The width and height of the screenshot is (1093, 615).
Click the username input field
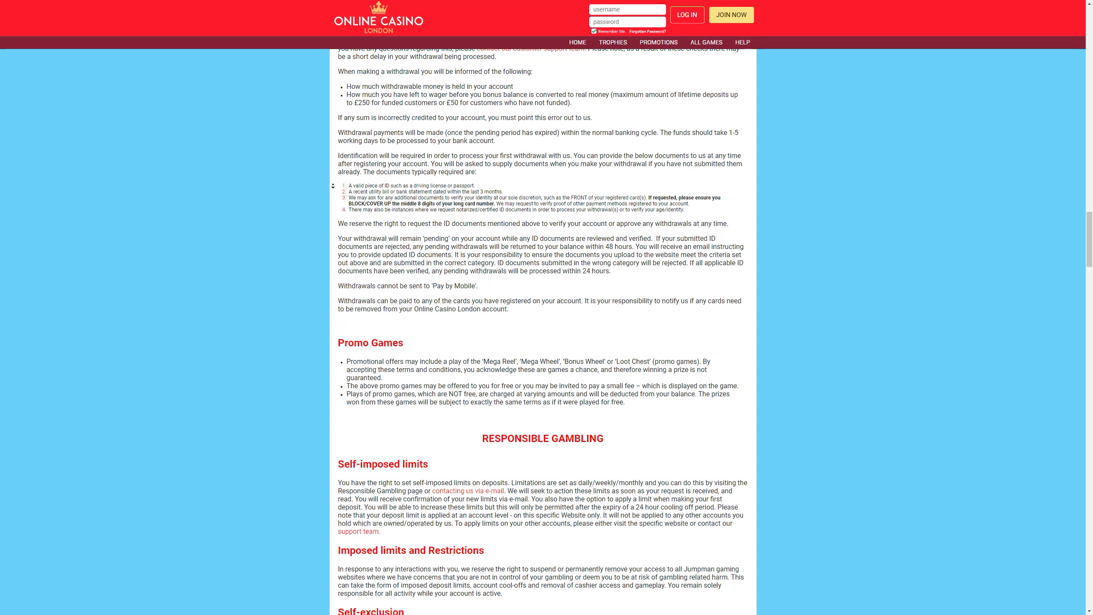[627, 9]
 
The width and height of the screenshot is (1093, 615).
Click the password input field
[627, 22]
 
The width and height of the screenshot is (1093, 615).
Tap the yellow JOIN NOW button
[731, 15]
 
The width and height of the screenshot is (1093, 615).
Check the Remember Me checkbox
[593, 31]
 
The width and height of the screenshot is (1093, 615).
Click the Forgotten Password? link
[647, 32]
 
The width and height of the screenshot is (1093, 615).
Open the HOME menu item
[577, 42]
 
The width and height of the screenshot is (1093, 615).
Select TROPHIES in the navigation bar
[613, 42]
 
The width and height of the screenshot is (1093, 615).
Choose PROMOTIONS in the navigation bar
[658, 42]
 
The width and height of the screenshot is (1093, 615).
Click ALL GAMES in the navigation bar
[706, 42]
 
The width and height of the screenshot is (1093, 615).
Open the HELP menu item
[742, 42]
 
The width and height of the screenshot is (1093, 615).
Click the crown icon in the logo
[378, 8]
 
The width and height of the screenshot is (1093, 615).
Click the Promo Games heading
[370, 343]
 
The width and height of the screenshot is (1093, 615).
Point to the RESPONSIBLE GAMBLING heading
[542, 439]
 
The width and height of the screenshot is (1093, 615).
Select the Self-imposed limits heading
[383, 464]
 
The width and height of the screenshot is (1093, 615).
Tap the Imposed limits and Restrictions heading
[410, 551]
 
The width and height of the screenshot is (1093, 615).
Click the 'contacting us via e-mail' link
[468, 491]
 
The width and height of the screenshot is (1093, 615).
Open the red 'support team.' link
[359, 532]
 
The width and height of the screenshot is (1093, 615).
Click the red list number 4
[344, 210]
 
